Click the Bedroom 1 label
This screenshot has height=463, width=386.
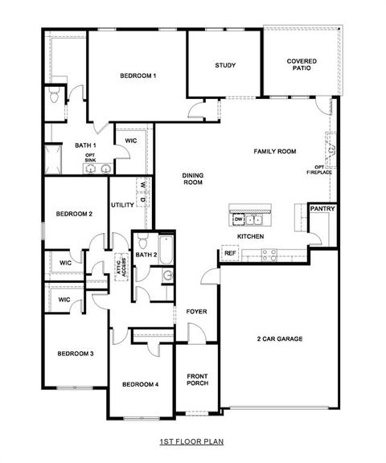tap(138, 76)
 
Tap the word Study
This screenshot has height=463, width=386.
tap(225, 65)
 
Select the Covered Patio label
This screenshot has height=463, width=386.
tap(302, 64)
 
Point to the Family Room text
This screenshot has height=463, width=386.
tap(275, 151)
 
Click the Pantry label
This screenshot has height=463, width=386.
tap(322, 209)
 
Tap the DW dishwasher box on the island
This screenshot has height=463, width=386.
tap(238, 219)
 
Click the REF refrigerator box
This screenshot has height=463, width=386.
tap(230, 253)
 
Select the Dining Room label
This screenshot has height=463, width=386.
tap(191, 179)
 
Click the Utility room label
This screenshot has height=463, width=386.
tap(121, 204)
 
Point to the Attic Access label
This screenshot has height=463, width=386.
tap(121, 263)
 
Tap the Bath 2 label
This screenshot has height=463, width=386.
tap(146, 255)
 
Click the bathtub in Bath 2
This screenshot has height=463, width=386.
tap(165, 250)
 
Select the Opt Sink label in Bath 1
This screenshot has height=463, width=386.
tap(90, 158)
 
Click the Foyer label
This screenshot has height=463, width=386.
tap(196, 311)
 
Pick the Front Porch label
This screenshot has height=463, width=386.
tap(198, 380)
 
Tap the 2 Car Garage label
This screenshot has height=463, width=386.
tap(279, 338)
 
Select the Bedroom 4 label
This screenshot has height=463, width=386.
tap(140, 385)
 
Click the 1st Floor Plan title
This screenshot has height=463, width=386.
tap(193, 441)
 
